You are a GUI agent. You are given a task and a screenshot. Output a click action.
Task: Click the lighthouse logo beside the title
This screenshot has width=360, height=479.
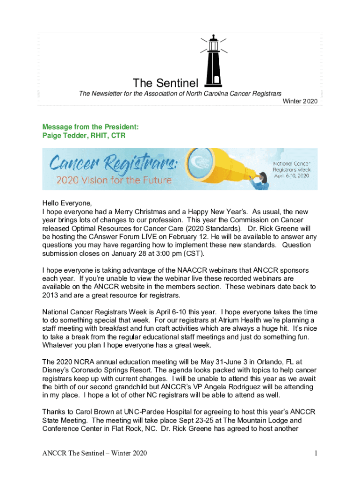pyautogui.click(x=213, y=61)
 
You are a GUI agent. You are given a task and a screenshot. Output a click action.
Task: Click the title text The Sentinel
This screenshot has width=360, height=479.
pyautogui.click(x=166, y=84)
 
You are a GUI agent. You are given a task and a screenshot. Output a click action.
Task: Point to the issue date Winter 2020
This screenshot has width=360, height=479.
pyautogui.click(x=301, y=101)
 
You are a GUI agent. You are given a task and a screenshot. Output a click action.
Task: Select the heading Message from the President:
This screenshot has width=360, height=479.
pyautogui.click(x=90, y=127)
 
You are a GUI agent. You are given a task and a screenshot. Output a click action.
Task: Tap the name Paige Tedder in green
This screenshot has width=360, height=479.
pyautogui.click(x=64, y=136)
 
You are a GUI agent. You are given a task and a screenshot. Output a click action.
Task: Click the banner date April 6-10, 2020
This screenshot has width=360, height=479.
pyautogui.click(x=291, y=176)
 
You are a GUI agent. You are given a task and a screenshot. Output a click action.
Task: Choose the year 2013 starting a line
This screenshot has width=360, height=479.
pyautogui.click(x=50, y=295)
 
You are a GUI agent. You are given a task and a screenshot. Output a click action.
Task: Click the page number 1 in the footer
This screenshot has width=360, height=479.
pyautogui.click(x=316, y=453)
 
